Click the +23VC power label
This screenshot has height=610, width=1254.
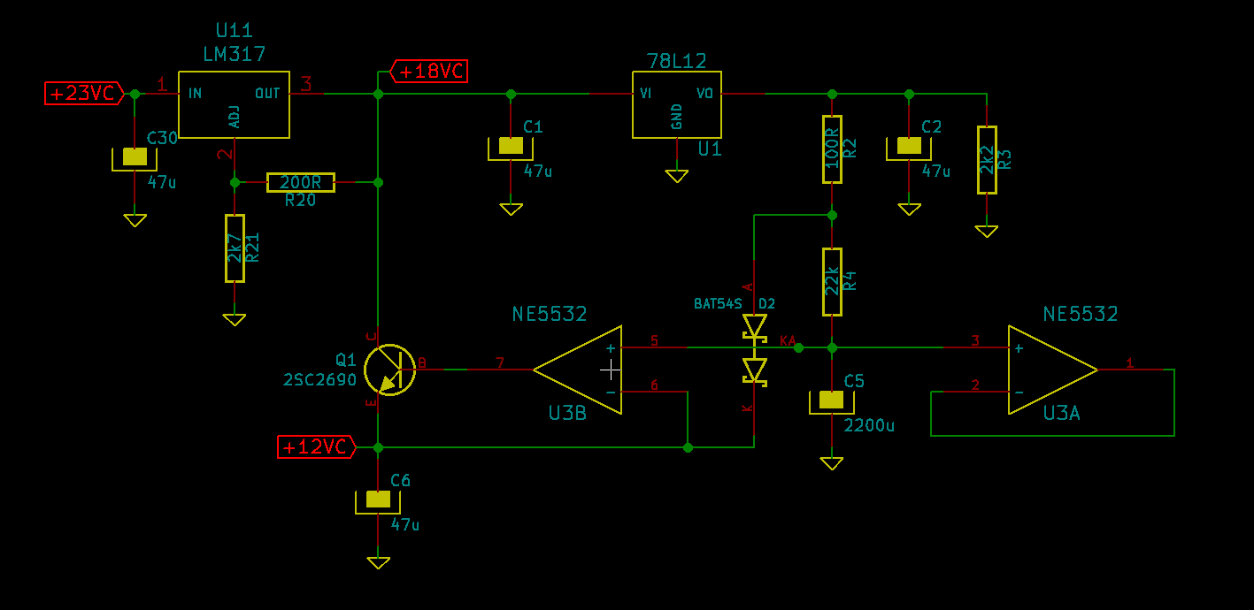[x=84, y=94]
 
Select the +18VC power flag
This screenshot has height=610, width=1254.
[x=429, y=71]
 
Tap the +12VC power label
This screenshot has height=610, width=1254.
[x=316, y=446]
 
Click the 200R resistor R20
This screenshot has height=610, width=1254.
[x=301, y=182]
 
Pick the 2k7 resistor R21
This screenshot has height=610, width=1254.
[x=235, y=248]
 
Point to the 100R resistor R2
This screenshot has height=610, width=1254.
[x=832, y=149]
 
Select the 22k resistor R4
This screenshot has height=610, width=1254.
[x=832, y=282]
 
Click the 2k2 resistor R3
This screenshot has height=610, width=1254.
[x=987, y=160]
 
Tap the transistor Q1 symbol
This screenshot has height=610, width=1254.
[x=389, y=370]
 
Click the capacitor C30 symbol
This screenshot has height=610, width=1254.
[x=135, y=158]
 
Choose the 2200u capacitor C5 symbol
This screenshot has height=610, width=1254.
[x=831, y=401]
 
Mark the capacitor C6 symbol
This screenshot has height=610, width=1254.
[x=378, y=501]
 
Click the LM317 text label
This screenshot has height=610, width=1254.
[x=234, y=54]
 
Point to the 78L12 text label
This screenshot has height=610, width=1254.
[x=676, y=60]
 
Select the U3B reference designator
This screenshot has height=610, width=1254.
[x=567, y=413]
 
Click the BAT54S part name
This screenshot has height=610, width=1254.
[x=718, y=303]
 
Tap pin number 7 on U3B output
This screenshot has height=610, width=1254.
[x=500, y=362]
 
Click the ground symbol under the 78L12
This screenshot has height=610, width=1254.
[x=676, y=177]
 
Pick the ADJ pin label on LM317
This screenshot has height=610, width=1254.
[x=235, y=117]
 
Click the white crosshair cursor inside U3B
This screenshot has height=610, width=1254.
[x=611, y=370]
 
